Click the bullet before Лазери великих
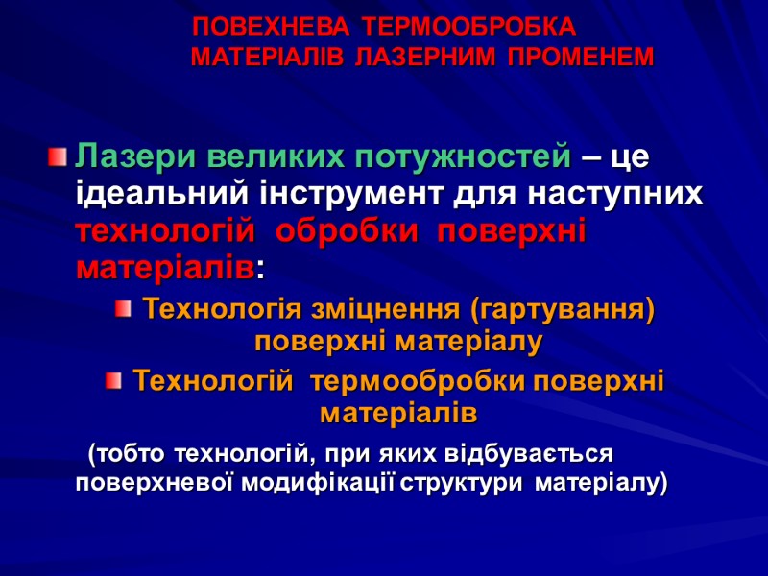click(59, 155)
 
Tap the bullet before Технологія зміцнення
click(122, 309)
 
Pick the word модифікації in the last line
click(320, 483)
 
